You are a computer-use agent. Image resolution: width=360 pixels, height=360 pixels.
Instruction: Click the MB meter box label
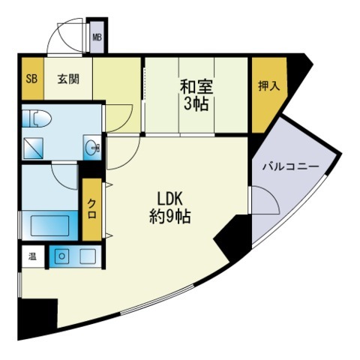click(x=97, y=37)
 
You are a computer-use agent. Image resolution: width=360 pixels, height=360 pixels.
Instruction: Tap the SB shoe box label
click(x=32, y=79)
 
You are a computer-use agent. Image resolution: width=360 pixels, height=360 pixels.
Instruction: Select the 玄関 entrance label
click(x=68, y=79)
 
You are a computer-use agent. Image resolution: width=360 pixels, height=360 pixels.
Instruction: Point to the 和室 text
click(x=196, y=87)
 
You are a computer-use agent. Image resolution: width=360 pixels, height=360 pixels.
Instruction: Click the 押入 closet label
click(x=268, y=86)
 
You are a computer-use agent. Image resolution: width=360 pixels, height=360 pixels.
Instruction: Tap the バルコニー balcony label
click(x=291, y=166)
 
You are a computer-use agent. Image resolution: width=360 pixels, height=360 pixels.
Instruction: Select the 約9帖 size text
click(x=170, y=216)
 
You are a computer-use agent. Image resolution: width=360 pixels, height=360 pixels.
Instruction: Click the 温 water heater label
click(x=32, y=256)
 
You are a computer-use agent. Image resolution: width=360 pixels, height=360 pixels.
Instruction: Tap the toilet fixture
click(x=37, y=118)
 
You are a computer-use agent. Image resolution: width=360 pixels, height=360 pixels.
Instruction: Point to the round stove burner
click(x=61, y=256)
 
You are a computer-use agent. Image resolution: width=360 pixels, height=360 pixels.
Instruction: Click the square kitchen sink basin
click(x=88, y=256)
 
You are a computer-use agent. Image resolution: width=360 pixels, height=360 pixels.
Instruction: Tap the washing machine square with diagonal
click(x=33, y=148)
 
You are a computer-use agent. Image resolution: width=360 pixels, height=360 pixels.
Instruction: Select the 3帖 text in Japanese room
click(x=196, y=103)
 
